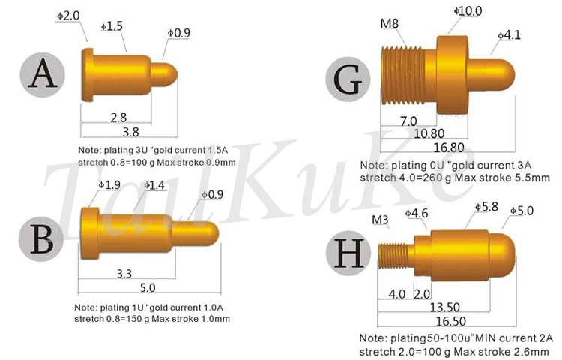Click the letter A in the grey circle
42,74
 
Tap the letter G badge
348,79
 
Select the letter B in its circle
41,239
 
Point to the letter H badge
348,253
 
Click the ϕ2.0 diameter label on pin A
68,16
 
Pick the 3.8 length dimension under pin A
130,132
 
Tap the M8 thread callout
389,24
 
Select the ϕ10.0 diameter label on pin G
468,11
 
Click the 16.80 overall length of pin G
449,147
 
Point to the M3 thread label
380,220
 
